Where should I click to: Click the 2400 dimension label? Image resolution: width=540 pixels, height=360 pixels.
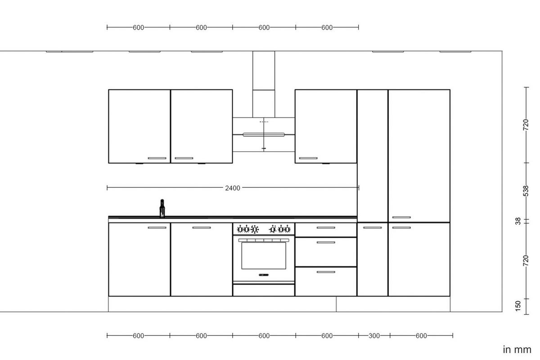click(233, 188)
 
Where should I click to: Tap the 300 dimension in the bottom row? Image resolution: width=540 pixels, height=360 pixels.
click(374, 336)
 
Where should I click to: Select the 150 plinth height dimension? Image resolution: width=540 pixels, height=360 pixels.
click(518, 306)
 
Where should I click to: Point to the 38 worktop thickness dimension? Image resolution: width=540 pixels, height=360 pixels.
click(518, 221)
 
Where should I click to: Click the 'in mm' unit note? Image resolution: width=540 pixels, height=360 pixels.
click(517, 350)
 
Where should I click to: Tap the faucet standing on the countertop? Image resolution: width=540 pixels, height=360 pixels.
click(162, 209)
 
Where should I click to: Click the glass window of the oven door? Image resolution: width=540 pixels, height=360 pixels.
click(263, 256)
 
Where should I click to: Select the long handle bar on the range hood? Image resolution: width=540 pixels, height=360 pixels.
click(263, 134)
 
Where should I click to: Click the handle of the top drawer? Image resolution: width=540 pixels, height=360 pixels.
click(325, 228)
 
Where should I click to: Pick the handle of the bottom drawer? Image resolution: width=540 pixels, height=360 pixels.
click(325, 272)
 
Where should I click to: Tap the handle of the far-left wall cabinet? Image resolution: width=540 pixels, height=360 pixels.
click(157, 158)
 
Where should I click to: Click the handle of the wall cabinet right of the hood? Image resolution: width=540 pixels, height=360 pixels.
click(308, 158)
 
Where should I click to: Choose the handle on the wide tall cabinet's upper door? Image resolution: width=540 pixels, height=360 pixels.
click(401, 217)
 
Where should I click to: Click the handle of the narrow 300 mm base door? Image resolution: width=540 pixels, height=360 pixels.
click(372, 228)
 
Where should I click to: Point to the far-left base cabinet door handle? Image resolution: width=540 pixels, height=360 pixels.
click(157, 228)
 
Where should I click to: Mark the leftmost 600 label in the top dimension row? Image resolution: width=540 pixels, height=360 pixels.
click(138, 27)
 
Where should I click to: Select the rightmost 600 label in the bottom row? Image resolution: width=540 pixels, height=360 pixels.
click(421, 336)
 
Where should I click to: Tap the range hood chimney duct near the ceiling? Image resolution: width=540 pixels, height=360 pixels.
click(263, 70)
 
